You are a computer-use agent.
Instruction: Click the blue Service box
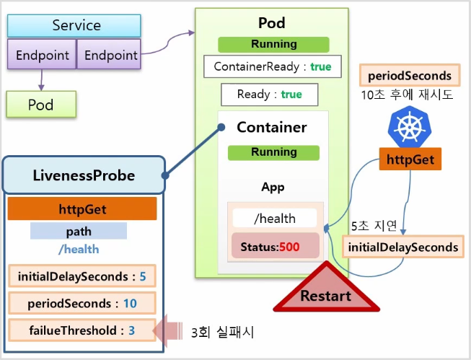point(74,25)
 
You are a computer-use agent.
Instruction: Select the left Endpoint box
point(42,54)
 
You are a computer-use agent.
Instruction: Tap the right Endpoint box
point(109,54)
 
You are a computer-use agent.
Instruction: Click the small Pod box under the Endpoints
point(41,105)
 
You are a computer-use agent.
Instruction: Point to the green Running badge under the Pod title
point(273,45)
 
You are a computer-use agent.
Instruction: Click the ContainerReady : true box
point(273,66)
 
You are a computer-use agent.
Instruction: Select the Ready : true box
point(270,95)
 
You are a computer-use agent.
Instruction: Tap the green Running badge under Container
point(273,153)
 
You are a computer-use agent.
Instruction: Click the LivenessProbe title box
point(84,175)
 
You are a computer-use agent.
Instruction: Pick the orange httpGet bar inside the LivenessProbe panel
point(82,208)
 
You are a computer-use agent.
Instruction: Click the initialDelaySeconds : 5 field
point(82,276)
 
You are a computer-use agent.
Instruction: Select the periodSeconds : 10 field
point(82,303)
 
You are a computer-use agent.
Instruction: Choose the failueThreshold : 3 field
point(82,330)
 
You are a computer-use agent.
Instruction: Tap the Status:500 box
point(275,246)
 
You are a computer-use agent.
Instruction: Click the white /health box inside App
point(275,218)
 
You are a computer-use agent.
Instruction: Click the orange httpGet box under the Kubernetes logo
point(410,159)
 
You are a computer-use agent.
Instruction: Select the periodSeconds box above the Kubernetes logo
point(410,76)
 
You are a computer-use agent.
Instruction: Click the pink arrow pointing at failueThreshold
point(167,330)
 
